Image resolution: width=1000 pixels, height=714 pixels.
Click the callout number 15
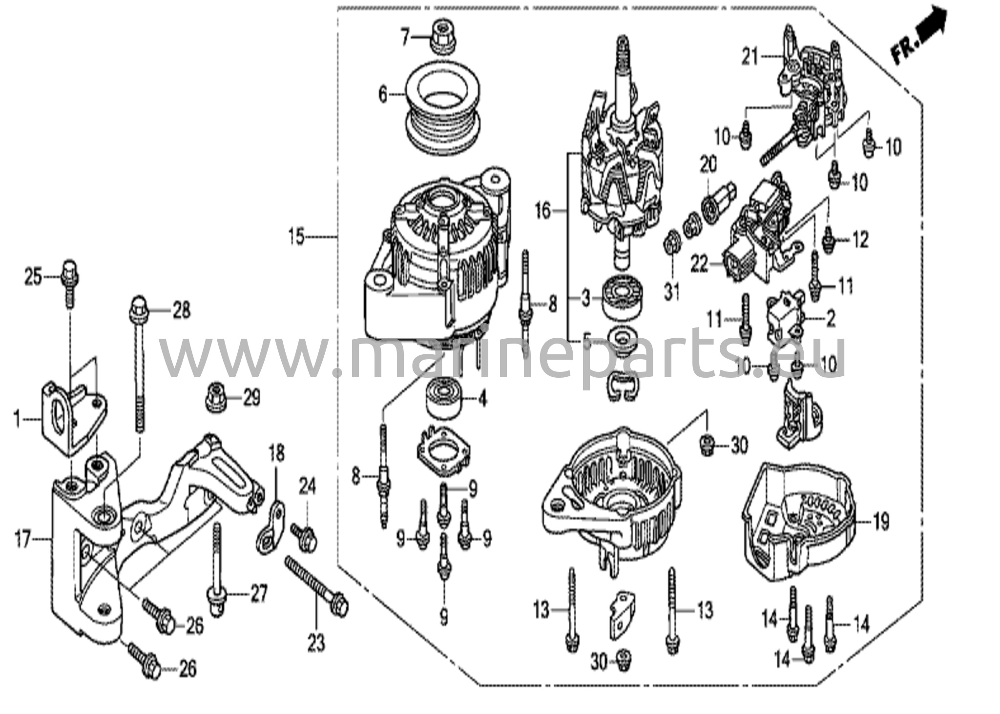point(296,238)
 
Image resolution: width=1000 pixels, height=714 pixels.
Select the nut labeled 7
point(443,35)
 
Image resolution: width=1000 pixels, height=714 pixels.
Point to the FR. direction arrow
point(918,36)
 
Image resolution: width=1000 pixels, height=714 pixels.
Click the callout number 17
point(22,540)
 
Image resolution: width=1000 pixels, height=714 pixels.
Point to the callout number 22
point(699,265)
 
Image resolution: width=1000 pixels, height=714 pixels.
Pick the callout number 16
point(542,211)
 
